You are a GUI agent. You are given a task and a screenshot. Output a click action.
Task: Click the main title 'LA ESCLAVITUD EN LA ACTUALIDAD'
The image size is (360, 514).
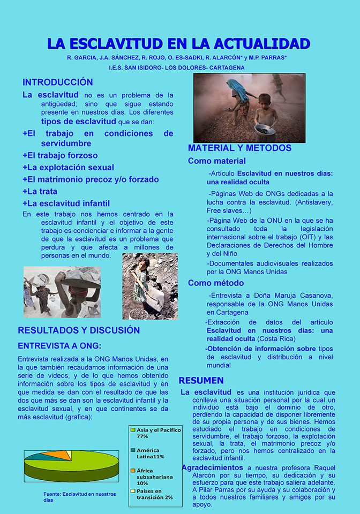point(178,44)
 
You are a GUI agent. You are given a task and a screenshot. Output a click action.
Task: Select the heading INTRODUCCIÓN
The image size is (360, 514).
point(57,82)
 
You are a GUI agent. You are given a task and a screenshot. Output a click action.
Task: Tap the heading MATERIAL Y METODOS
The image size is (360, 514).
point(239,148)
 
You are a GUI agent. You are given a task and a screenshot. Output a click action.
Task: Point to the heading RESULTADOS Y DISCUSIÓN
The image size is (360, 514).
point(79,330)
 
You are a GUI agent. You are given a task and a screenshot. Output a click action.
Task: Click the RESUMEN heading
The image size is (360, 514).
point(201,381)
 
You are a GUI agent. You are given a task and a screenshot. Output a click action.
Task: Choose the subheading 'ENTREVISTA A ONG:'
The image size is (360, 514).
point(59,346)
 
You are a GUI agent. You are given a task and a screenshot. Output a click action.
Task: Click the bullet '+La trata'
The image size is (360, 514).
point(40,191)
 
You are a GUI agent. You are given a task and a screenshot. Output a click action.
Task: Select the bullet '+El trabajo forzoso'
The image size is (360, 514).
point(60,155)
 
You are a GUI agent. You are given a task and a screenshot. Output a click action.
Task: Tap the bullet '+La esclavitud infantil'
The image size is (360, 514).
point(66,203)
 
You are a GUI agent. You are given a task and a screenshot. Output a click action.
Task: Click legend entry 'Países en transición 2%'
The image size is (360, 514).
point(155,494)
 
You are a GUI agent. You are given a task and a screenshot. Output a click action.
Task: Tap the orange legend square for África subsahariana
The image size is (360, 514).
point(133,471)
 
